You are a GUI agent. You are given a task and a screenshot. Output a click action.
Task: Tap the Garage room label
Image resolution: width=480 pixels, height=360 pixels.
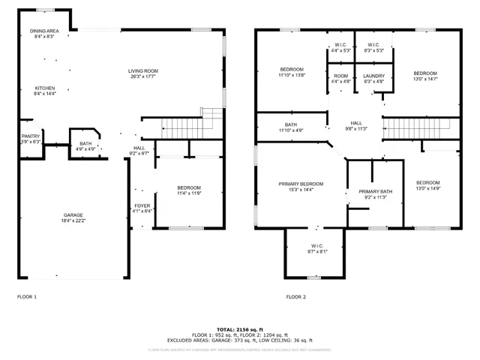73,215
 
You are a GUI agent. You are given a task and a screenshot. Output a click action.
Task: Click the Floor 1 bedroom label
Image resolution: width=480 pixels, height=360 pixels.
188,187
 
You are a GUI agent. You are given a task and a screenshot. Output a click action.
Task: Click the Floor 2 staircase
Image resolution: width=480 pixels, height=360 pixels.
415,127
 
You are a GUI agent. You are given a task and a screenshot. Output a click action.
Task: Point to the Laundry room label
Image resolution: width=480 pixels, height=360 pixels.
373,76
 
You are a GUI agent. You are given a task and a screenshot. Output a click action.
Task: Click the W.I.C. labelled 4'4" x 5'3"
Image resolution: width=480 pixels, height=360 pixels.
340,45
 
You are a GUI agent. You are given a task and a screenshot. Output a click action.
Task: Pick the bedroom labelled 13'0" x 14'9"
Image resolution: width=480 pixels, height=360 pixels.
427,183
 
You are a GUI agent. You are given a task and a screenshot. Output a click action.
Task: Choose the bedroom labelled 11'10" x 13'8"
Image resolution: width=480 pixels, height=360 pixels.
292,70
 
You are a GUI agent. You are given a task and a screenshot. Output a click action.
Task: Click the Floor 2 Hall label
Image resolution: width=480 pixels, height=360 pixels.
355,123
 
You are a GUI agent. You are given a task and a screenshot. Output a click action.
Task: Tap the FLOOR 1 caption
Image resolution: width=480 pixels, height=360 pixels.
27,297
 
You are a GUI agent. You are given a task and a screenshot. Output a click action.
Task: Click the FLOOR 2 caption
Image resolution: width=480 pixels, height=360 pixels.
295,297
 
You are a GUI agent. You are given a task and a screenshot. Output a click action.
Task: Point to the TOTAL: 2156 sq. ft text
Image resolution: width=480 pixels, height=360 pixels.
239,328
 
